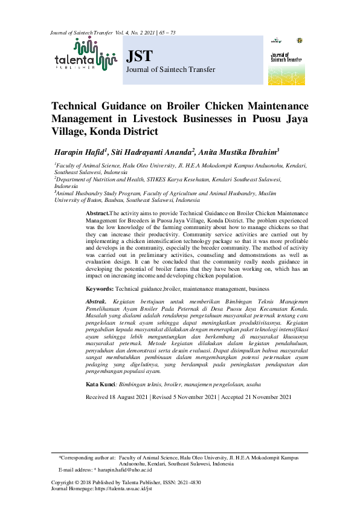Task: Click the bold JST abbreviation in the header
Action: click(139, 57)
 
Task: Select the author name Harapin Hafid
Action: click(80, 151)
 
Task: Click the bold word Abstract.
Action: click(97, 213)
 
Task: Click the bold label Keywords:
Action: click(100, 289)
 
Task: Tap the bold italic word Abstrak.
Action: click(97, 300)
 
